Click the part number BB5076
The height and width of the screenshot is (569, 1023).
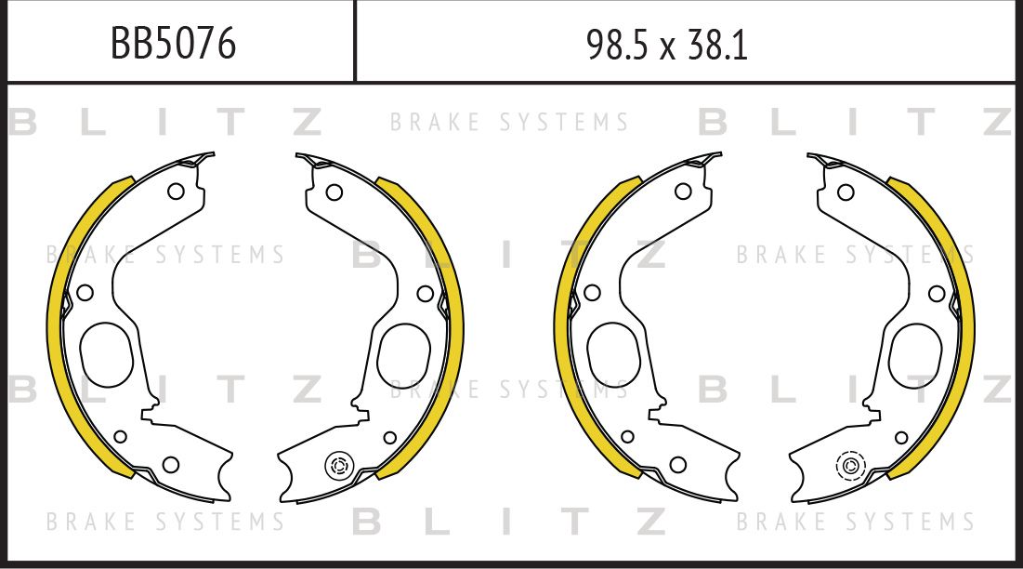click(x=173, y=43)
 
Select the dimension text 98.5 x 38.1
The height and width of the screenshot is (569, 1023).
click(x=666, y=44)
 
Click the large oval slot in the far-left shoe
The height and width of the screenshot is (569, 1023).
click(x=107, y=354)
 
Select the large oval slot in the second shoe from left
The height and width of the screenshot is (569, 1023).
click(x=404, y=354)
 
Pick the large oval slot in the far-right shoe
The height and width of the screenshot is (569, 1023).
click(x=915, y=354)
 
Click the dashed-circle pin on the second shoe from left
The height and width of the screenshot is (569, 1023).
click(x=339, y=466)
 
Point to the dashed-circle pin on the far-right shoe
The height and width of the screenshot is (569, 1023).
click(x=849, y=465)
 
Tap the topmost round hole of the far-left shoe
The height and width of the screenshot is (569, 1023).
click(x=175, y=192)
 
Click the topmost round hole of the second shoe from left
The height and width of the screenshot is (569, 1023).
click(x=334, y=192)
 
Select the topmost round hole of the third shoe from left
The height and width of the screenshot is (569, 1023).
click(x=683, y=192)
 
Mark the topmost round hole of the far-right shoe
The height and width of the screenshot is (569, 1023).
click(x=846, y=192)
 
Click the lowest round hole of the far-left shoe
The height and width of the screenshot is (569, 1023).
click(x=170, y=464)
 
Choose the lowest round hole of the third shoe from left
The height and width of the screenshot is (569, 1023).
click(x=678, y=464)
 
